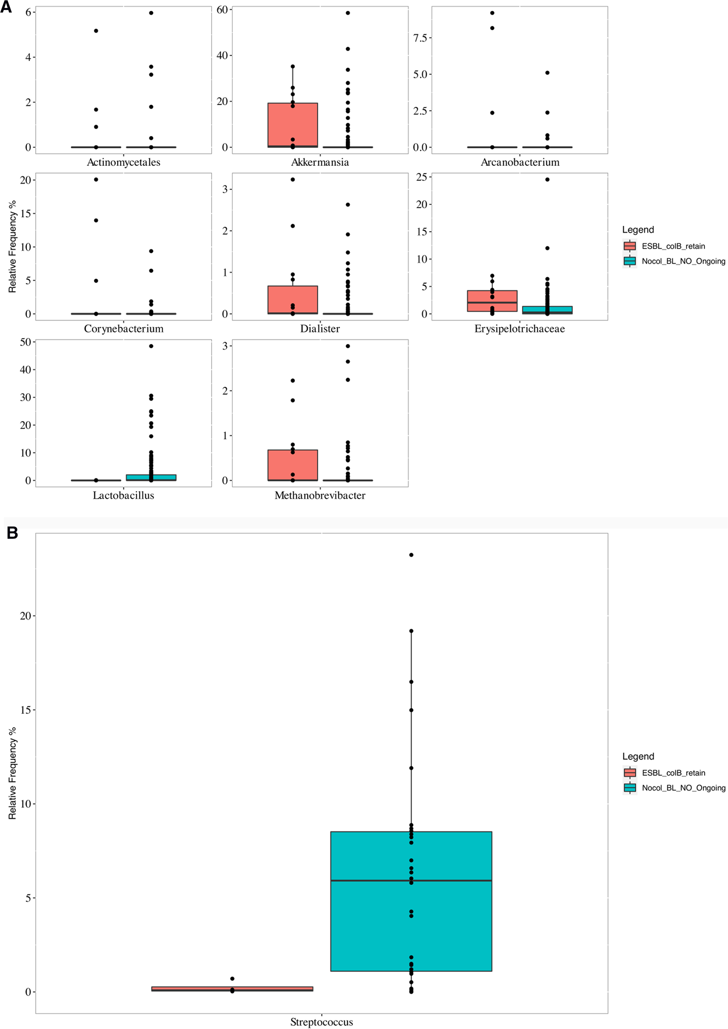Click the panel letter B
[12, 533]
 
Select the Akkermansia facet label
[320, 162]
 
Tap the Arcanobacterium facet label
[520, 162]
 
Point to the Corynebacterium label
[123, 329]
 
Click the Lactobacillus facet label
[123, 495]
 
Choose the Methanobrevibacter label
[320, 495]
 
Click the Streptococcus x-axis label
[322, 1022]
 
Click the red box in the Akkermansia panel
[293, 125]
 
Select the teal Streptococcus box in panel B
[411, 901]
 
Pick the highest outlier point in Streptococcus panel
[411, 555]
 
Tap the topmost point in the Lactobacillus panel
[151, 346]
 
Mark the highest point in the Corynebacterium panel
[96, 179]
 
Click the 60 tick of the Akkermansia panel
[222, 10]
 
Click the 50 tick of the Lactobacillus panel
[26, 342]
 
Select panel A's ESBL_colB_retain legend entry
[673, 246]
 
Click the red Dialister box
[293, 299]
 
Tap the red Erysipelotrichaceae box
[492, 301]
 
